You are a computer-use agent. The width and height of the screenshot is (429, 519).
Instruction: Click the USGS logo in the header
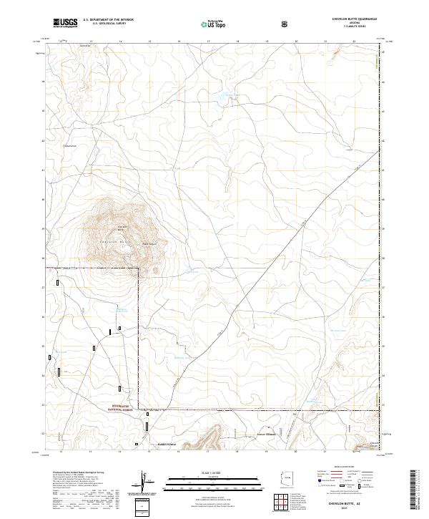click(x=65, y=24)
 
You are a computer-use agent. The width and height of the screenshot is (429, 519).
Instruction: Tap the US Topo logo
click(x=214, y=24)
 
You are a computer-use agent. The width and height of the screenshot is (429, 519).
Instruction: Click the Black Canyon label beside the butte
click(x=149, y=243)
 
